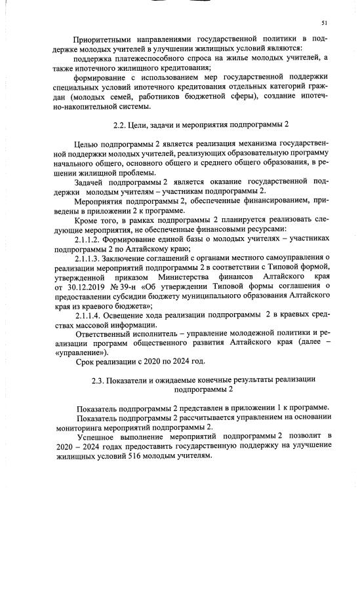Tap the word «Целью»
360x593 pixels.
[x=87, y=143]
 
